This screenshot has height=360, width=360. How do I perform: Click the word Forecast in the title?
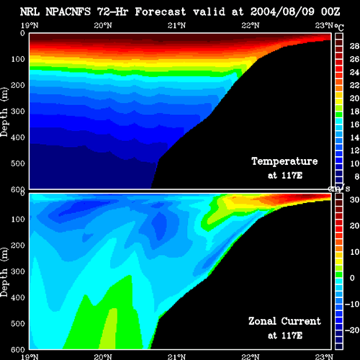coord(161,12)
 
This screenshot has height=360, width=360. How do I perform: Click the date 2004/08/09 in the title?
coord(282,12)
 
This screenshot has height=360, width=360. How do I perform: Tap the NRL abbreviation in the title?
coord(30,12)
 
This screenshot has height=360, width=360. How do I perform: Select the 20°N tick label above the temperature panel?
coord(103,25)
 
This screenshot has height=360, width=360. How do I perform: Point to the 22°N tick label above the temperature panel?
coord(251,25)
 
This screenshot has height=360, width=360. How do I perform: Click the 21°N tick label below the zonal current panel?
coord(176,356)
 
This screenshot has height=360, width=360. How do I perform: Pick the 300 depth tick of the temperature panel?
coord(18,112)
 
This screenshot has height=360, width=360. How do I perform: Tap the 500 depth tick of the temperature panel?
coord(18,163)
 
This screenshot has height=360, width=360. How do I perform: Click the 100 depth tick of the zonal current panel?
coord(18,219)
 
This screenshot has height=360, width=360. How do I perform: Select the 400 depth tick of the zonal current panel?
coord(18,297)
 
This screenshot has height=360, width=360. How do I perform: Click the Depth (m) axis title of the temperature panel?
coord(4,112)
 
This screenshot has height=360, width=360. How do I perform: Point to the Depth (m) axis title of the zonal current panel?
coord(4,272)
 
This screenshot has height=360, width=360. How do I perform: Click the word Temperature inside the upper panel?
coord(284,161)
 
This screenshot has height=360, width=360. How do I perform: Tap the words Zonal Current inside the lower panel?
coord(284,321)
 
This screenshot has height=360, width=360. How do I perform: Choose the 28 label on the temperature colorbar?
coord(354,46)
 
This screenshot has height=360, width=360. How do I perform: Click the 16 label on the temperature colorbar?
coord(354,125)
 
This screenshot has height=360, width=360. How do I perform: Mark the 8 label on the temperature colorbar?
coord(357,176)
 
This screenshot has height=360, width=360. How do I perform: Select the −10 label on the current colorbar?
coord(352,304)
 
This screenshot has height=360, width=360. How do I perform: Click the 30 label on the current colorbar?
coord(354,199)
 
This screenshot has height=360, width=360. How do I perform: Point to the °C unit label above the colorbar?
coord(339,27)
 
